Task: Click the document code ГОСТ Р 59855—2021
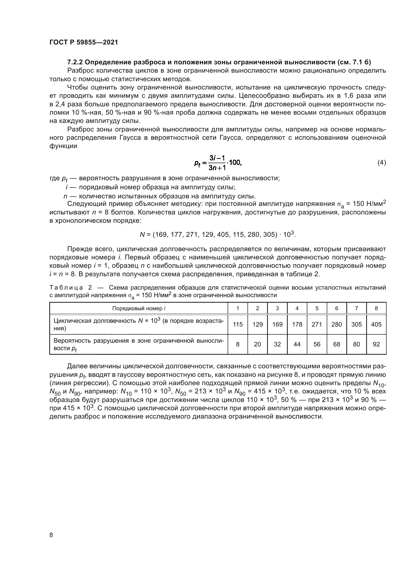click(84, 42)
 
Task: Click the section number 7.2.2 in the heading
click(74, 62)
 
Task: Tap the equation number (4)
click(382, 162)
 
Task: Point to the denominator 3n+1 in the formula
click(217, 168)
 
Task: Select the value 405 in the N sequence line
click(223, 234)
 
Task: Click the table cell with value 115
click(237, 325)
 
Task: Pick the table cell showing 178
click(297, 325)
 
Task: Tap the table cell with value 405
click(376, 325)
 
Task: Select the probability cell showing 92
click(376, 344)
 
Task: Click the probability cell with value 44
click(297, 344)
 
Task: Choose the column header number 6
click(337, 308)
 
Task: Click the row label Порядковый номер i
click(139, 308)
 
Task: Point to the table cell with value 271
click(317, 325)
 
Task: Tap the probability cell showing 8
click(237, 344)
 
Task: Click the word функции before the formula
click(63, 146)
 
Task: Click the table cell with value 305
click(356, 325)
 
